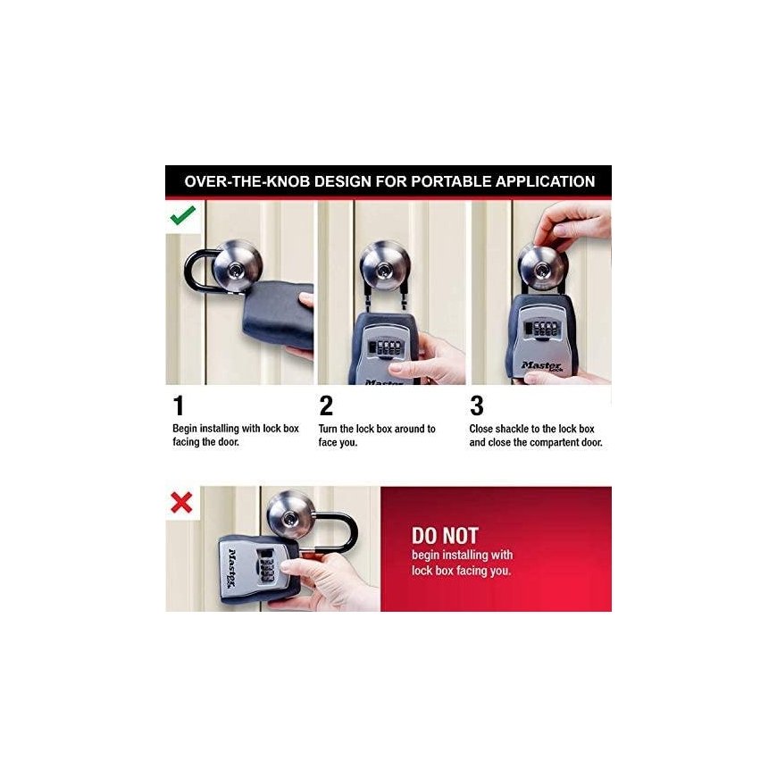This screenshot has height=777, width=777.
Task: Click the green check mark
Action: (x=183, y=215)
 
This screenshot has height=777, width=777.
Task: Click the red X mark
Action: (x=181, y=503)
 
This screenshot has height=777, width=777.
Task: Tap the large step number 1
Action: (x=179, y=405)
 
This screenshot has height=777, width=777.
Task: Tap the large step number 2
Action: (x=326, y=405)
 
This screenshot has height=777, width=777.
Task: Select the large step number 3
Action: (x=477, y=405)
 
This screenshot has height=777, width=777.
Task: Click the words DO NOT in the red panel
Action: (x=445, y=536)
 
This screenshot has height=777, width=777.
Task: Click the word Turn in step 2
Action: (x=328, y=429)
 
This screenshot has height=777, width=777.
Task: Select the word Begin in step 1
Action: (x=185, y=429)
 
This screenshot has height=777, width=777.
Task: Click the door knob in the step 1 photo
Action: (x=237, y=267)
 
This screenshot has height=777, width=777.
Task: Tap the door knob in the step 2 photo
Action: (x=385, y=268)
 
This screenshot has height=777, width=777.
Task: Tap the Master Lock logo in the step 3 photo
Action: (x=541, y=366)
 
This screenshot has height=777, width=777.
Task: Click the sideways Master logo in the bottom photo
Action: (x=232, y=568)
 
